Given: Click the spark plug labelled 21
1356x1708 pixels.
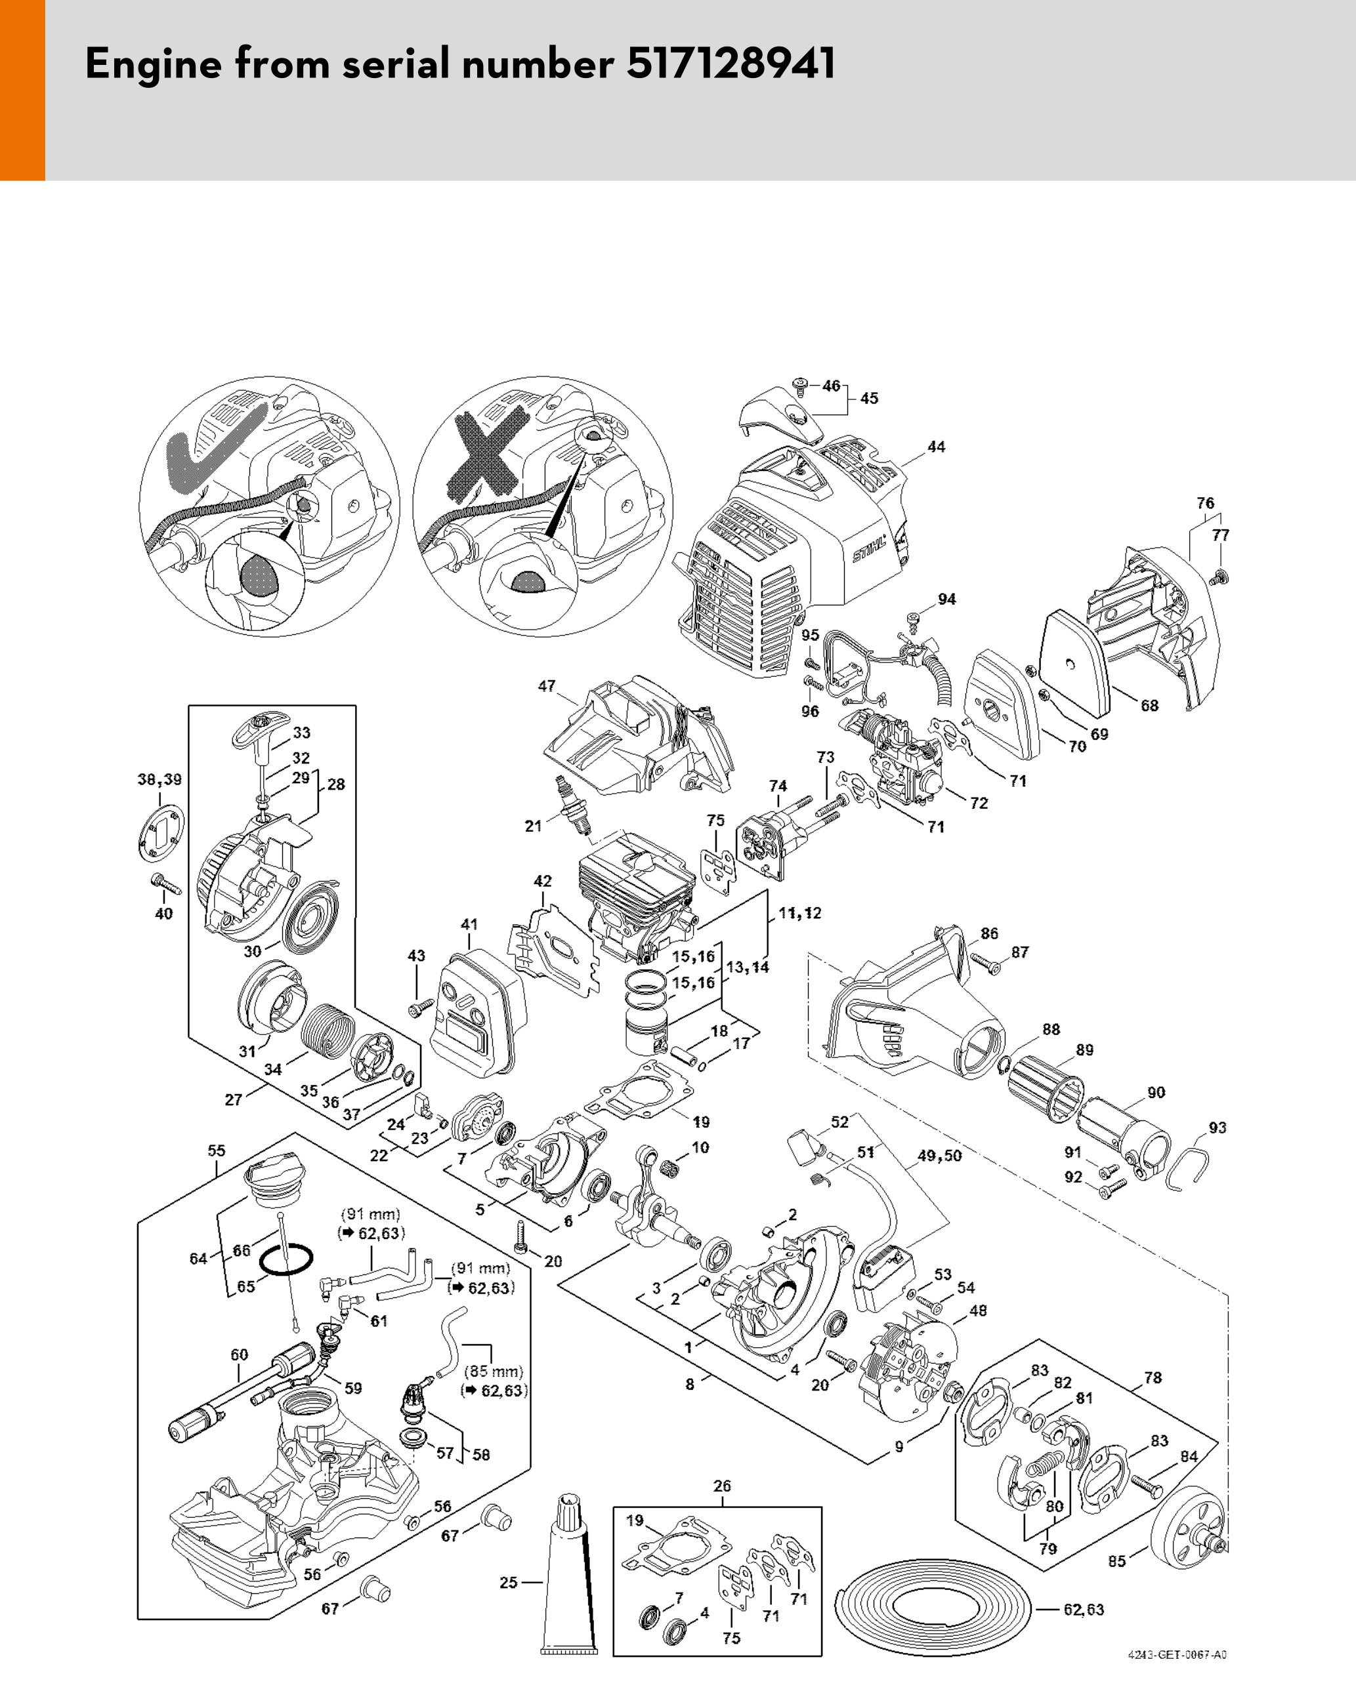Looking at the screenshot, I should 573,804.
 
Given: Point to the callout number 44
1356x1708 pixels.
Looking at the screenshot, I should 936,447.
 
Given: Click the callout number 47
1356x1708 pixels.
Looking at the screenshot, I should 546,686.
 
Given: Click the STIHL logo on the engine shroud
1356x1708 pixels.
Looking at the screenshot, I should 870,548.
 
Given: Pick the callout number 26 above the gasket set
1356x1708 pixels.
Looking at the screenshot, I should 721,1486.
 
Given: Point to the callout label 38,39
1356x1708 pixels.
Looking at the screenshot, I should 159,779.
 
